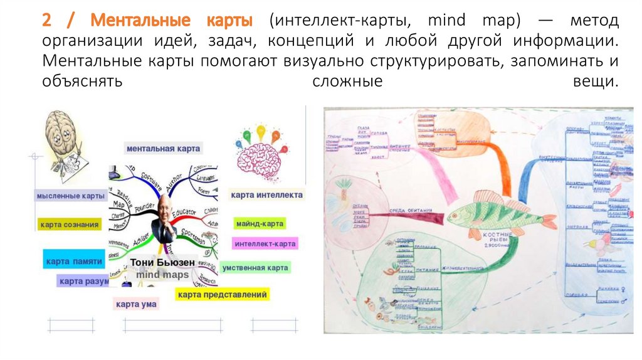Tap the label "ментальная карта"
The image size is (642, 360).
[163, 149]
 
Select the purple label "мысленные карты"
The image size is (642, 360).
[70, 196]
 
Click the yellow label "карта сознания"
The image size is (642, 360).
[69, 225]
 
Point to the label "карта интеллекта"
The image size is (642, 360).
[266, 195]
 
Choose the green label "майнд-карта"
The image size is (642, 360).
[260, 223]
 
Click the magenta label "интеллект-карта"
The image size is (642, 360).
[264, 243]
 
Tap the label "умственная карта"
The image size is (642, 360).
[255, 268]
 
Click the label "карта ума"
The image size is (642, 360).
[135, 304]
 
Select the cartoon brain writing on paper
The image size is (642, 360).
[63, 141]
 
